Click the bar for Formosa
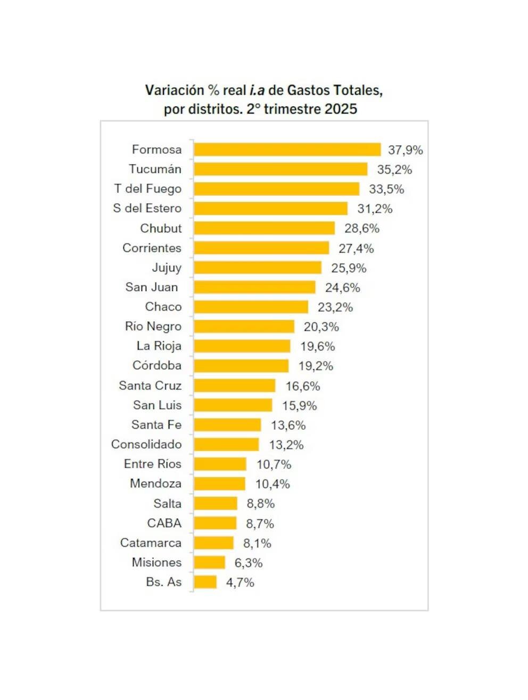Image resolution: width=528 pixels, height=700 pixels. (287, 149)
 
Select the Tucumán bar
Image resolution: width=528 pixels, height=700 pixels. (280, 169)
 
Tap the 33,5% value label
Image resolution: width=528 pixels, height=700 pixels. (386, 189)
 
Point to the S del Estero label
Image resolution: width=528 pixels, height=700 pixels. (147, 209)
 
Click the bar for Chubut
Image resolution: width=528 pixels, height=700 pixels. (264, 228)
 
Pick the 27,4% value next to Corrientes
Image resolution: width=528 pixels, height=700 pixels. (356, 248)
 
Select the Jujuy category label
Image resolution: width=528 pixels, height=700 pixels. (167, 268)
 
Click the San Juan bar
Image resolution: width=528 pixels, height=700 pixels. (254, 287)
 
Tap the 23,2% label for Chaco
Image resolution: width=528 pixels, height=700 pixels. (335, 307)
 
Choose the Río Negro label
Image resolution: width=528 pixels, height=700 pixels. (153, 327)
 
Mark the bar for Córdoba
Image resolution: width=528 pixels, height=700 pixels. (241, 366)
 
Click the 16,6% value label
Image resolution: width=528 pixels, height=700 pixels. (303, 386)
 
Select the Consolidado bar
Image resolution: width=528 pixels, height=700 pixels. (226, 445)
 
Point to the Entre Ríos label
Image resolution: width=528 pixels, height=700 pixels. (153, 464)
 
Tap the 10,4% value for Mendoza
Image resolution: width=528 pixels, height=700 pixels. (273, 484)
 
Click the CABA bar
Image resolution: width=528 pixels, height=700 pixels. (215, 523)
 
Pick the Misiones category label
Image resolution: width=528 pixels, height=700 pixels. (156, 562)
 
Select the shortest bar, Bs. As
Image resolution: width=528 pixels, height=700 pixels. (205, 582)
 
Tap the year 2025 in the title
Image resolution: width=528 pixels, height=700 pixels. (341, 109)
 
